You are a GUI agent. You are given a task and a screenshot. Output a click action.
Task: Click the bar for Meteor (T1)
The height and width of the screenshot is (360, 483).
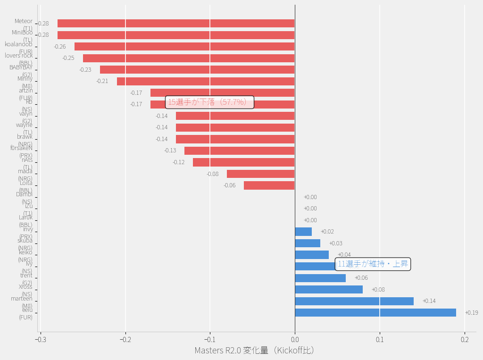(176, 24)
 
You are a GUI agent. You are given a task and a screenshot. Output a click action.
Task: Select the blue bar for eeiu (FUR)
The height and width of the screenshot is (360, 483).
(375, 312)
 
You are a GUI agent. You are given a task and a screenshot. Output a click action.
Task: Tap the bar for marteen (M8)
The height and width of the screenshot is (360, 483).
(354, 301)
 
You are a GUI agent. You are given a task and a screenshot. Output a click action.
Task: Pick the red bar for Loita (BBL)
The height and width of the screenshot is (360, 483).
(269, 185)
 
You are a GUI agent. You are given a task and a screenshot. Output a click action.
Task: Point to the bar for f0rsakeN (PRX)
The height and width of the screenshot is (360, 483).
(240, 151)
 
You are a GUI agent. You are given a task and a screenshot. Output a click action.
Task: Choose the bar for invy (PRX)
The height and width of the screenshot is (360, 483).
(303, 232)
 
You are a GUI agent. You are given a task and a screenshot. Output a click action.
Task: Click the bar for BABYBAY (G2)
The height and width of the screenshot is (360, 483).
(197, 70)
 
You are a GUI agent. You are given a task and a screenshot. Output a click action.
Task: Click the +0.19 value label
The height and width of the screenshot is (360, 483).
(471, 313)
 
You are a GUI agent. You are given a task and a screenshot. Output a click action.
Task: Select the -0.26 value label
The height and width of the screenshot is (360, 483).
(60, 47)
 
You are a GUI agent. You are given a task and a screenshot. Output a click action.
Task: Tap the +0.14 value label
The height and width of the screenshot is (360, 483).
(429, 301)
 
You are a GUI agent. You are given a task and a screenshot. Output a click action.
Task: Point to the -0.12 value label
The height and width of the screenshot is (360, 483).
(179, 162)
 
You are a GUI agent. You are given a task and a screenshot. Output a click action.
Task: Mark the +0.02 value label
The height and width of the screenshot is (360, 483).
(327, 232)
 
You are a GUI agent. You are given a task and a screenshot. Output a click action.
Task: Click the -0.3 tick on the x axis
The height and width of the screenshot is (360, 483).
(41, 339)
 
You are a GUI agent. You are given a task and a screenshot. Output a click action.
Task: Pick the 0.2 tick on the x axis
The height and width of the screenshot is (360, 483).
(465, 339)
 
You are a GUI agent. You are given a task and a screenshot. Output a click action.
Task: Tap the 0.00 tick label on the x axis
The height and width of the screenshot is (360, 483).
(295, 339)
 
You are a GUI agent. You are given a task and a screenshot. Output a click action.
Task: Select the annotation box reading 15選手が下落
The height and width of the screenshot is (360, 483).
(210, 102)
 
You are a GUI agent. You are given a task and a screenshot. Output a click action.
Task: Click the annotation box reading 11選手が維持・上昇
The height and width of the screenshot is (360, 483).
(373, 264)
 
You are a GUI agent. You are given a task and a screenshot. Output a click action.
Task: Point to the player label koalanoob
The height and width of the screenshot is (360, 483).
(19, 44)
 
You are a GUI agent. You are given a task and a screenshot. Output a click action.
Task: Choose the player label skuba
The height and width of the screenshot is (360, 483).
(25, 241)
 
